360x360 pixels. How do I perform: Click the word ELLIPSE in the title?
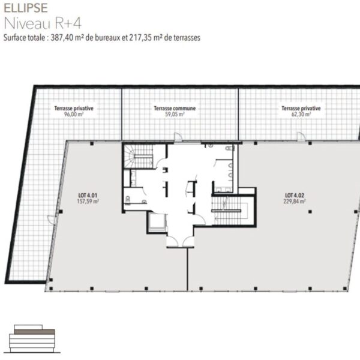[26, 8]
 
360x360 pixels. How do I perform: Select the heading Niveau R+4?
[43, 23]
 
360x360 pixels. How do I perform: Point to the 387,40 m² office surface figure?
[67, 37]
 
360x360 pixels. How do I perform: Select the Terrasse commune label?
[175, 108]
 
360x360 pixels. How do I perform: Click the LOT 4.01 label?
[88, 196]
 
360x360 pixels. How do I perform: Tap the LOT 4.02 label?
[295, 196]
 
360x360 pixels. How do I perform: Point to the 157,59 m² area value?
[88, 202]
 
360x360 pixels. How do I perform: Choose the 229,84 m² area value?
[295, 202]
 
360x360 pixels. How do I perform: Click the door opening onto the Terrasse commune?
[178, 136]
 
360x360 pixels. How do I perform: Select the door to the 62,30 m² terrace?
[301, 136]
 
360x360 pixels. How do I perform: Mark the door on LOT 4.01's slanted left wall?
[52, 219]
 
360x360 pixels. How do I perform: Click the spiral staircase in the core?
[138, 156]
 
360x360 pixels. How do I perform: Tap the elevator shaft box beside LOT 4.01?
[157, 223]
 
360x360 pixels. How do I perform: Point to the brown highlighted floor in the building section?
[34, 332]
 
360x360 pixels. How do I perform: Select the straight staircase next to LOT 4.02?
[229, 210]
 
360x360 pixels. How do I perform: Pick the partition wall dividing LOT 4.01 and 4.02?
[188, 269]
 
